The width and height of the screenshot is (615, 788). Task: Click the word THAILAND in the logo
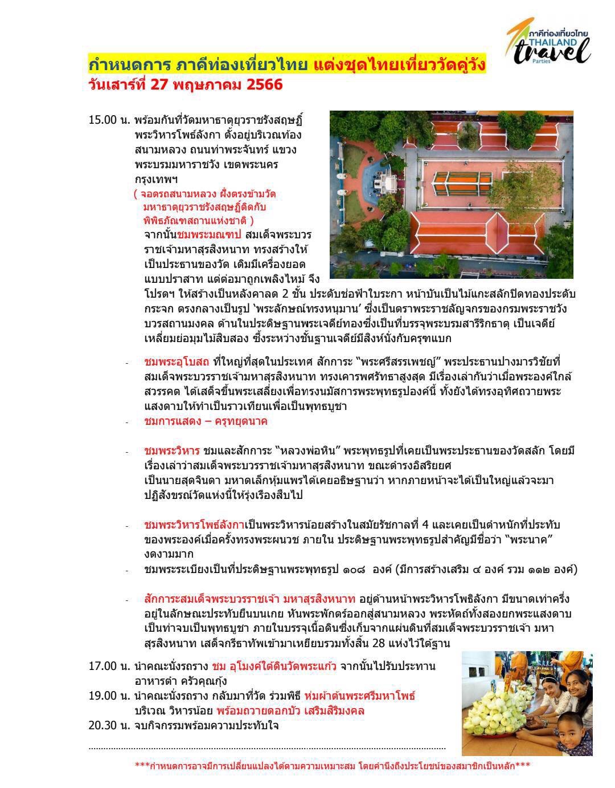(x=552, y=42)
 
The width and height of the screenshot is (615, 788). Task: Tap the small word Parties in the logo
(x=542, y=62)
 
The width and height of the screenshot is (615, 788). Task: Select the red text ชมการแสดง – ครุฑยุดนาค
(x=206, y=421)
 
